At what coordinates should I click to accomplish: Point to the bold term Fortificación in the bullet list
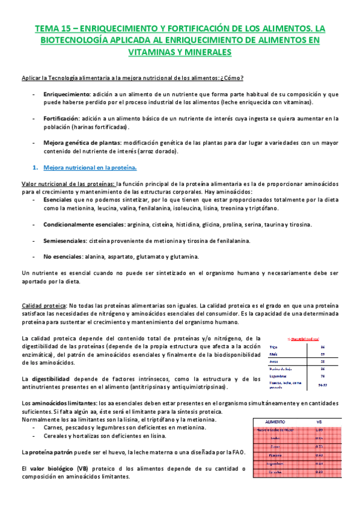(61, 118)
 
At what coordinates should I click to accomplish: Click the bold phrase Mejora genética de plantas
(82, 142)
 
